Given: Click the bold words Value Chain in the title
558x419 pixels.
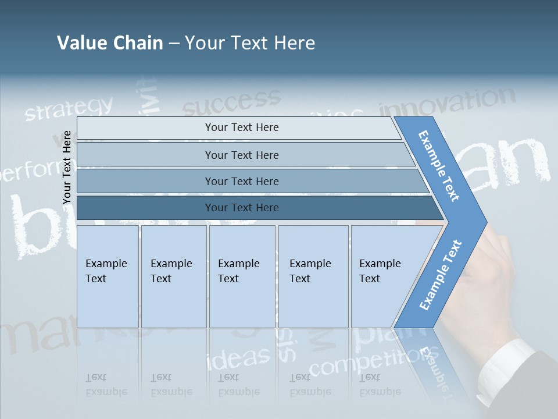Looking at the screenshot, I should [x=110, y=43].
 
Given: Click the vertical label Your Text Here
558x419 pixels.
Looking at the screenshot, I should [x=67, y=168].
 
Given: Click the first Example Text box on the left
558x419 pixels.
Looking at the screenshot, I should [x=108, y=276].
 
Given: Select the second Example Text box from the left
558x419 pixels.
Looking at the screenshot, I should [x=173, y=276].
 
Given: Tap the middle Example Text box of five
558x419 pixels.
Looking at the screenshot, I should [x=242, y=276].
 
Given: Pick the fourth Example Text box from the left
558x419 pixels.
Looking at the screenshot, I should [x=313, y=276].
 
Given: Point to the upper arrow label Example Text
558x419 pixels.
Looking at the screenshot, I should [x=439, y=166].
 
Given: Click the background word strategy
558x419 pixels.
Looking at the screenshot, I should [x=69, y=109].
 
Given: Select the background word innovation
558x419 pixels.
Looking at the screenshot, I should [x=447, y=102].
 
